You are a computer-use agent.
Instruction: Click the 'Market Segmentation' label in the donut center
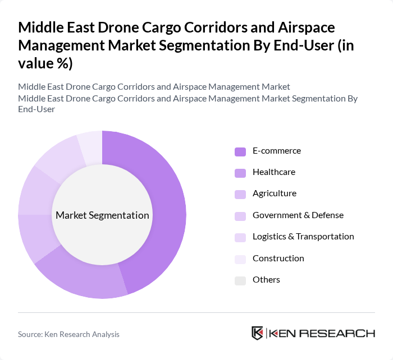coord(102,215)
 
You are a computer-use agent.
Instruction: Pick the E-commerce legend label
coord(276,151)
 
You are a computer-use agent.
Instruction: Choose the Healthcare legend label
coord(273,172)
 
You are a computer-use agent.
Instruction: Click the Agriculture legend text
coord(274,193)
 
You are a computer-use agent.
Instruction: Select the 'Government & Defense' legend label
coord(298,215)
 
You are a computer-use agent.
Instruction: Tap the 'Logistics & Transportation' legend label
coord(303,237)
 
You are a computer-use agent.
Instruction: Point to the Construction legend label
coord(278,258)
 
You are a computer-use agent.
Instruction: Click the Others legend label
coord(266,279)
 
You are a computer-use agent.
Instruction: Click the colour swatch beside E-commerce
coord(240,151)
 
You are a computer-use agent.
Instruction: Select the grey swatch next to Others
coord(240,280)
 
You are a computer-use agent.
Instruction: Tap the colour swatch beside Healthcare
coord(240,173)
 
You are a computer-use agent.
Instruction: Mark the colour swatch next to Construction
coord(240,259)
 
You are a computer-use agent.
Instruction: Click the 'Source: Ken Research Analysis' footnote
coord(68,334)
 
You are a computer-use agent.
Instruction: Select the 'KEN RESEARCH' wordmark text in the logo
coord(322,333)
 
